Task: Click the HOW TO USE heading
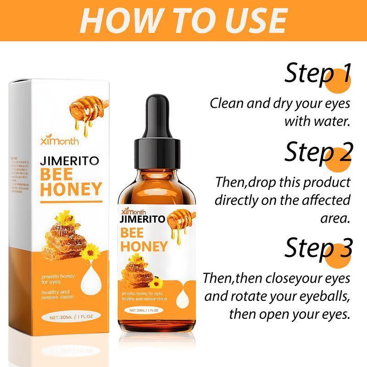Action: pos(183,21)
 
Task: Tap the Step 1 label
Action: pos(317,73)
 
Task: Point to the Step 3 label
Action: pos(317,248)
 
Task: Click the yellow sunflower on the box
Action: pos(89,252)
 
